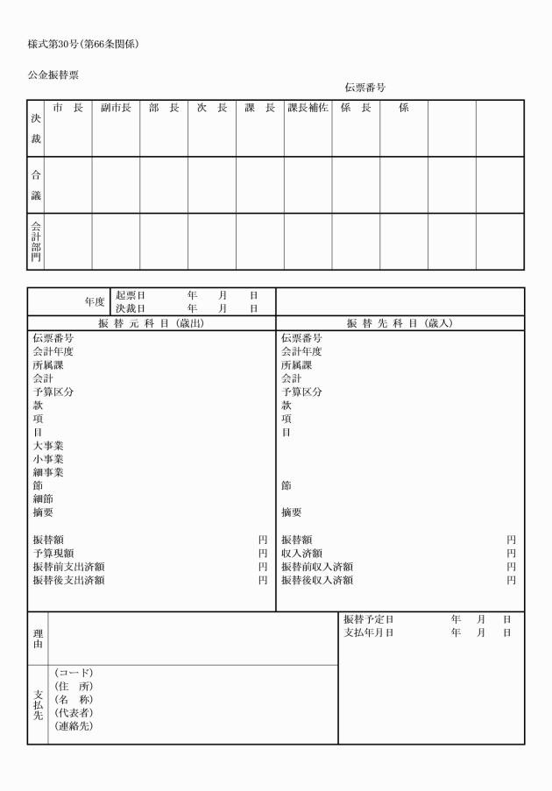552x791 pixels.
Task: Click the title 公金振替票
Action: (x=53, y=75)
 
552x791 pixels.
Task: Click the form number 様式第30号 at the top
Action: (x=59, y=43)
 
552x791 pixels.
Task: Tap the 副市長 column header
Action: (x=116, y=108)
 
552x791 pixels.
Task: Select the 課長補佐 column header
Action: (x=308, y=108)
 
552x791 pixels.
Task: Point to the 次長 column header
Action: (x=211, y=108)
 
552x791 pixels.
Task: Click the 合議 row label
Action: (x=36, y=185)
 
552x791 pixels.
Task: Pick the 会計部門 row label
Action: (x=36, y=241)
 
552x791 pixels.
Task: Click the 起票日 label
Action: (x=131, y=296)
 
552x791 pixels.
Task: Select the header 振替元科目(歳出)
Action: (x=152, y=323)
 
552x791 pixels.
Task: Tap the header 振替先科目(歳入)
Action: (x=400, y=323)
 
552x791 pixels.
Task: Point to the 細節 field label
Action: (x=43, y=499)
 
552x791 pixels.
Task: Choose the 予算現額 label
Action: (x=53, y=553)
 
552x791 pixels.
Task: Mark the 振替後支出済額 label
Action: (x=69, y=580)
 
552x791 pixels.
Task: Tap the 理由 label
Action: (x=38, y=639)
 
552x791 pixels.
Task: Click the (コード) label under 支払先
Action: (x=74, y=673)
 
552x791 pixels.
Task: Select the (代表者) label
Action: (x=74, y=712)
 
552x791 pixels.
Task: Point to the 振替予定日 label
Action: (x=369, y=619)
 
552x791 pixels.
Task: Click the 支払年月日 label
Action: (x=369, y=632)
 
